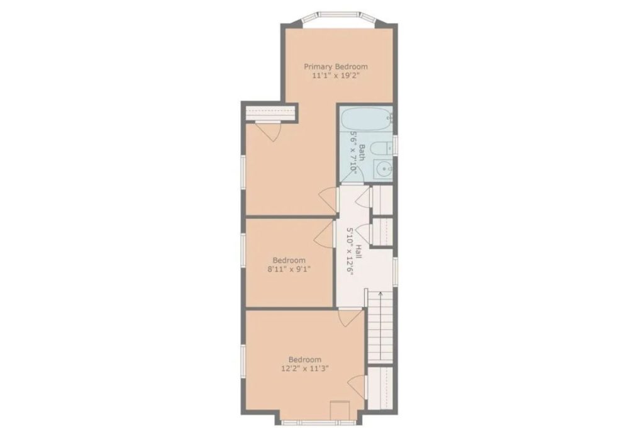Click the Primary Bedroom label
pyautogui.click(x=336, y=67)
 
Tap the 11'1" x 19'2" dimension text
pyautogui.click(x=336, y=76)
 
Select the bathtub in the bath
pyautogui.click(x=366, y=120)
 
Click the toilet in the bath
pyautogui.click(x=380, y=148)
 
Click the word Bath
pyautogui.click(x=362, y=152)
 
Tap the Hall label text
pyautogui.click(x=358, y=252)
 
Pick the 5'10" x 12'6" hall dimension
pyautogui.click(x=350, y=252)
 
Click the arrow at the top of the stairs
pyautogui.click(x=380, y=295)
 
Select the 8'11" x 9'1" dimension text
pyautogui.click(x=289, y=269)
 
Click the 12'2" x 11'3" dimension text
pyautogui.click(x=305, y=369)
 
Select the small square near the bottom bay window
pyautogui.click(x=340, y=410)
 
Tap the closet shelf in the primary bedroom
pyautogui.click(x=269, y=112)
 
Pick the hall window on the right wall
pyautogui.click(x=395, y=272)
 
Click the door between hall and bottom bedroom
pyautogui.click(x=350, y=318)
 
